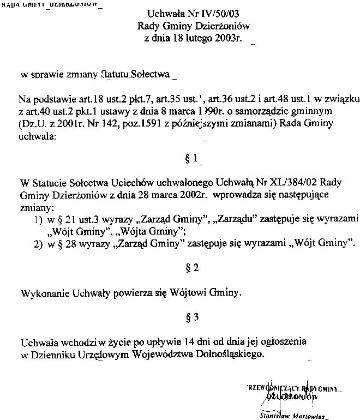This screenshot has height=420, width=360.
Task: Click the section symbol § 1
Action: point(191,159)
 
